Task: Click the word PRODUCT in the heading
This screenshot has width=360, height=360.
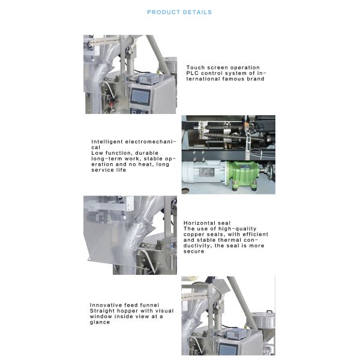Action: point(163,12)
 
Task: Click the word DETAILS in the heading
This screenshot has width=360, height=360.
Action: point(197,12)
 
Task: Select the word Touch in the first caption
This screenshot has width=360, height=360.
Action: point(196,67)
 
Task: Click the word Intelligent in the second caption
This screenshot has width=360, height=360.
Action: point(107,142)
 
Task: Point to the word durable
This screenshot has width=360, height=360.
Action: point(147,153)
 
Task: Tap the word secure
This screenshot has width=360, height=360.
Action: point(194,251)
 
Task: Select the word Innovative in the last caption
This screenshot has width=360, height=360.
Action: point(106,305)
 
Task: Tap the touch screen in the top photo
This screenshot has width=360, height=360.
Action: point(140,96)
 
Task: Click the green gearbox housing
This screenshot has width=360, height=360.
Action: point(242,173)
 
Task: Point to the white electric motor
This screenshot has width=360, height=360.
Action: point(204,172)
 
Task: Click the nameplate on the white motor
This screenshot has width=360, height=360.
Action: point(206,172)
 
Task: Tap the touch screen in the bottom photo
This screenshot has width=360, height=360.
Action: point(228,349)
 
